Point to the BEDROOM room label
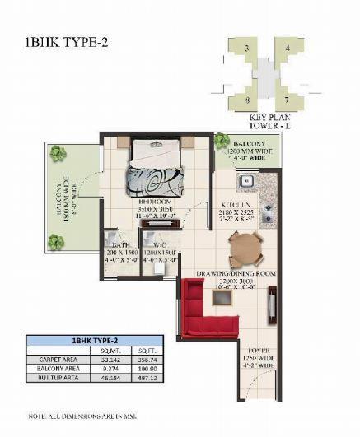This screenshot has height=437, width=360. (x=154, y=202)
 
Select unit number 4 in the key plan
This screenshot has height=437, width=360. (x=288, y=50)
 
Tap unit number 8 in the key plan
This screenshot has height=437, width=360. (x=247, y=101)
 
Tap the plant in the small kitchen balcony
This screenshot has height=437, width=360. (x=222, y=142)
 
